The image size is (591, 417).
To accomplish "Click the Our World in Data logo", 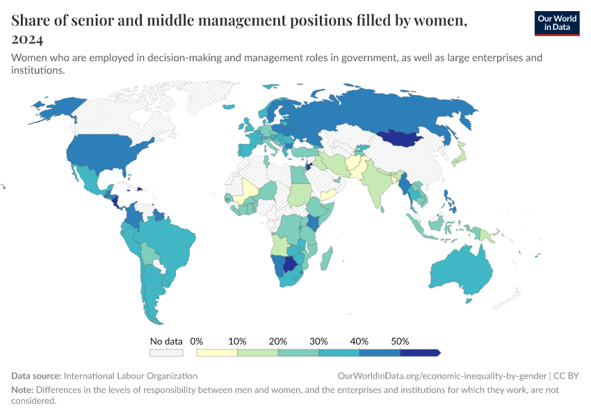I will (556, 23).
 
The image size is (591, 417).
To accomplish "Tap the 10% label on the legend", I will (238, 341).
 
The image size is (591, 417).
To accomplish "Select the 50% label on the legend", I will (400, 341).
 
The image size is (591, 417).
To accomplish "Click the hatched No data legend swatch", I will (166, 353).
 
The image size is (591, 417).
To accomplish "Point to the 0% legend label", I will (197, 341).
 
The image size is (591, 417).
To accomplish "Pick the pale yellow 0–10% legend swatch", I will (217, 353).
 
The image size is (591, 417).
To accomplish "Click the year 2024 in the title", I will (27, 39).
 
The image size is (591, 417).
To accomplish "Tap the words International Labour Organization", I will (131, 375).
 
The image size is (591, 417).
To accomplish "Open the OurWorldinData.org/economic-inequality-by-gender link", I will (442, 375).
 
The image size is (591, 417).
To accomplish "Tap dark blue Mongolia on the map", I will (403, 139).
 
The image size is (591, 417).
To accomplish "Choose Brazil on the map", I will (170, 247).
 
